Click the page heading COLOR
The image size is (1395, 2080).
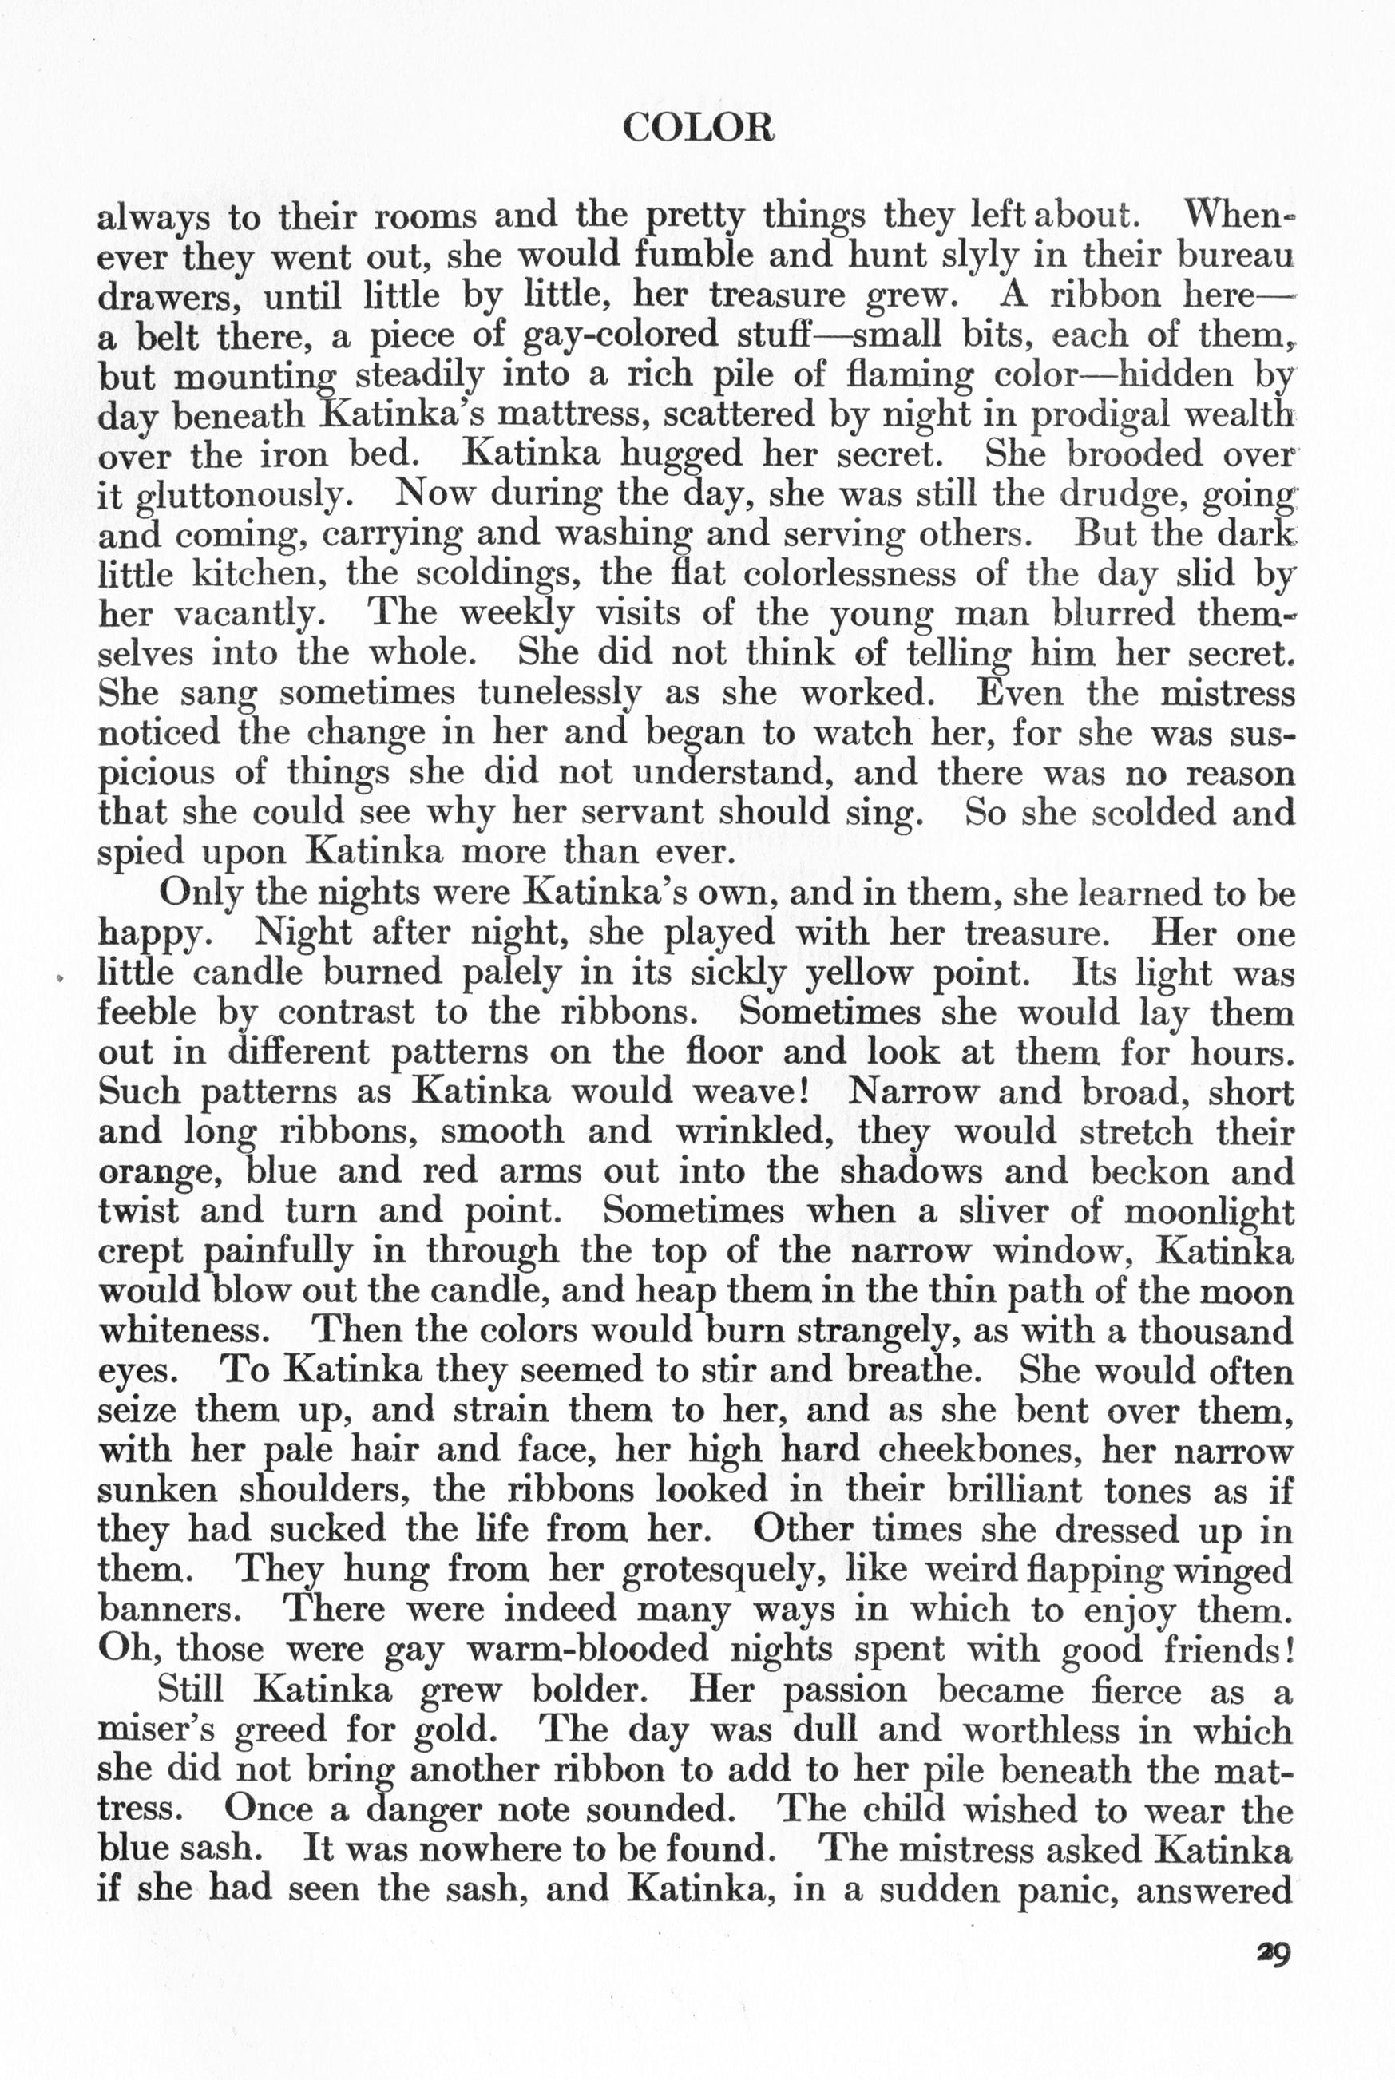(699, 130)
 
